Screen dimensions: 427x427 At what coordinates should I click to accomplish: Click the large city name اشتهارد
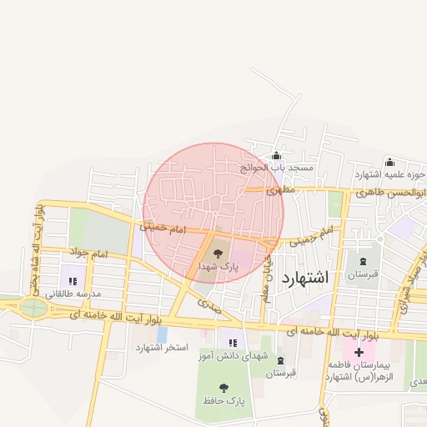305,277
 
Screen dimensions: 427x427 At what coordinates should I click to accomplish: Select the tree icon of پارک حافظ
224,388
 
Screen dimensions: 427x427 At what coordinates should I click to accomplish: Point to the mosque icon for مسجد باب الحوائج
277,156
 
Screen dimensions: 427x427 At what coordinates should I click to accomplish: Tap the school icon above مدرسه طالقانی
73,281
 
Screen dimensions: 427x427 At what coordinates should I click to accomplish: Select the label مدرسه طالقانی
73,294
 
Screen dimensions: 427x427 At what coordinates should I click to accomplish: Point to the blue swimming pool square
162,334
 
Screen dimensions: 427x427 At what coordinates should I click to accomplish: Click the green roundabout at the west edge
34,308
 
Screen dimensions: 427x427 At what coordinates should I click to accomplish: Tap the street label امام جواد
90,251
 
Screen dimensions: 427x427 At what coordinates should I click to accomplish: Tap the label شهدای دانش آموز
233,356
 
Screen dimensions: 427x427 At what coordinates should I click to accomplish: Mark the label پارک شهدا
219,265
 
